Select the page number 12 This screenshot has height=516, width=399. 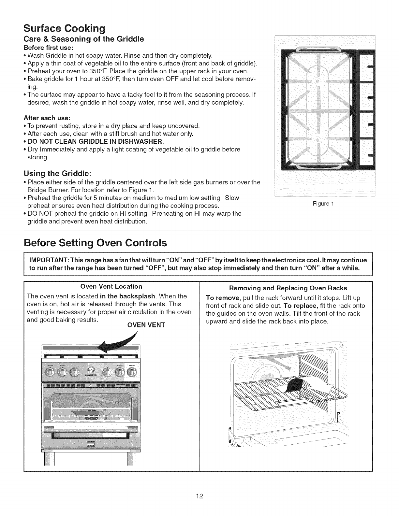(x=199, y=496)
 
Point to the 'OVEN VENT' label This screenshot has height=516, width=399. (x=151, y=325)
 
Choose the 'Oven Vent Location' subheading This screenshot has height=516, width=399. (x=111, y=286)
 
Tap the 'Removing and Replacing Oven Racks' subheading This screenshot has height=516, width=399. (x=288, y=288)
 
